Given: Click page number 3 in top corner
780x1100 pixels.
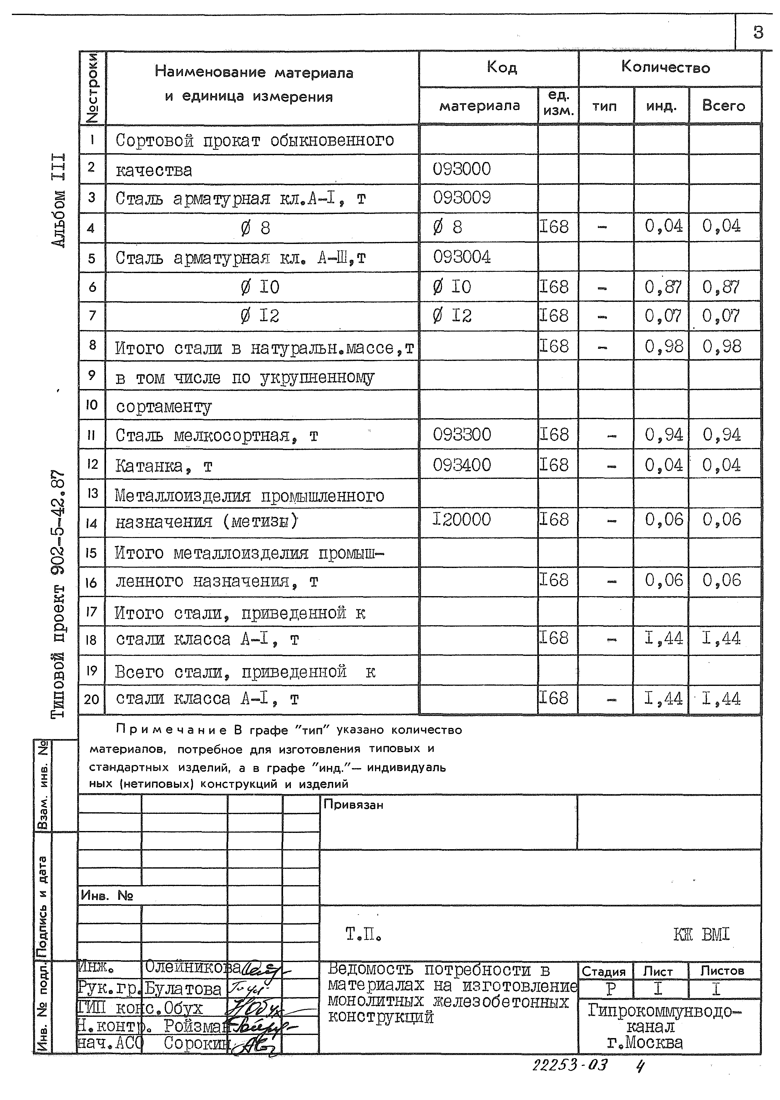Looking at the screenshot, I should click(757, 33).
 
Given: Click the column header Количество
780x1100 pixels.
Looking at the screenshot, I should click(665, 67).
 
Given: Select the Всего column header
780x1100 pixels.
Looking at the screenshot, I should click(723, 106).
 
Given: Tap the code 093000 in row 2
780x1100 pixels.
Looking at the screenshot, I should click(462, 169).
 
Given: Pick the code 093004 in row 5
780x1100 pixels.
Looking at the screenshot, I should click(462, 257).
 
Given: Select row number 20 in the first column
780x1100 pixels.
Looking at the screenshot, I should click(91, 699).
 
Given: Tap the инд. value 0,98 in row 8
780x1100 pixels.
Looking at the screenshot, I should click(663, 346).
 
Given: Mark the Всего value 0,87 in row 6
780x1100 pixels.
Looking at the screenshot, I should click(722, 287).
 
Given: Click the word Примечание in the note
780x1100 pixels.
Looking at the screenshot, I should click(171, 730).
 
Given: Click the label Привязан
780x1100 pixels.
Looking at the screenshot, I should click(353, 804).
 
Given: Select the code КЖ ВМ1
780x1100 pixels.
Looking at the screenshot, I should click(701, 934).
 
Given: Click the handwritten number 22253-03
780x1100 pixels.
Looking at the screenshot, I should click(570, 1065).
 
